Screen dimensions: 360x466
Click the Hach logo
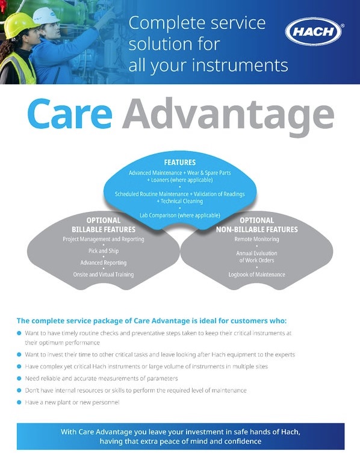pyautogui.click(x=314, y=31)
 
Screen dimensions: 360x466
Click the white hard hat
pyautogui.click(x=45, y=16)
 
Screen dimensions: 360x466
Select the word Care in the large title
pyautogui.click(x=70, y=114)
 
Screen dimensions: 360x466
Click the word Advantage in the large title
pyautogui.click(x=228, y=117)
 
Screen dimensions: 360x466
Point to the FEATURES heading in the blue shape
pyautogui.click(x=180, y=163)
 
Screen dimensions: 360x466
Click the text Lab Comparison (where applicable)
pyautogui.click(x=180, y=215)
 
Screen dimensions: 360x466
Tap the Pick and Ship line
pyautogui.click(x=104, y=251)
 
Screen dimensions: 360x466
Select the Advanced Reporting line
pyautogui.click(x=104, y=263)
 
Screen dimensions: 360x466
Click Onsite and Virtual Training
pyautogui.click(x=104, y=275)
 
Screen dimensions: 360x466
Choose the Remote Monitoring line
pyautogui.click(x=256, y=239)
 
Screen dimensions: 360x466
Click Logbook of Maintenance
pyautogui.click(x=256, y=275)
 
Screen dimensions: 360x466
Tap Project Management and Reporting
pyautogui.click(x=104, y=239)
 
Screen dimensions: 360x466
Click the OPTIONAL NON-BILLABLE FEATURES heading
pyautogui.click(x=256, y=225)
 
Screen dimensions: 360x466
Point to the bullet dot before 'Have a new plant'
pyautogui.click(x=19, y=402)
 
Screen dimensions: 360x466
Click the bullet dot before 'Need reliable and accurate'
pyautogui.click(x=19, y=378)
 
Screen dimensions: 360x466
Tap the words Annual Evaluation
pyautogui.click(x=256, y=253)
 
